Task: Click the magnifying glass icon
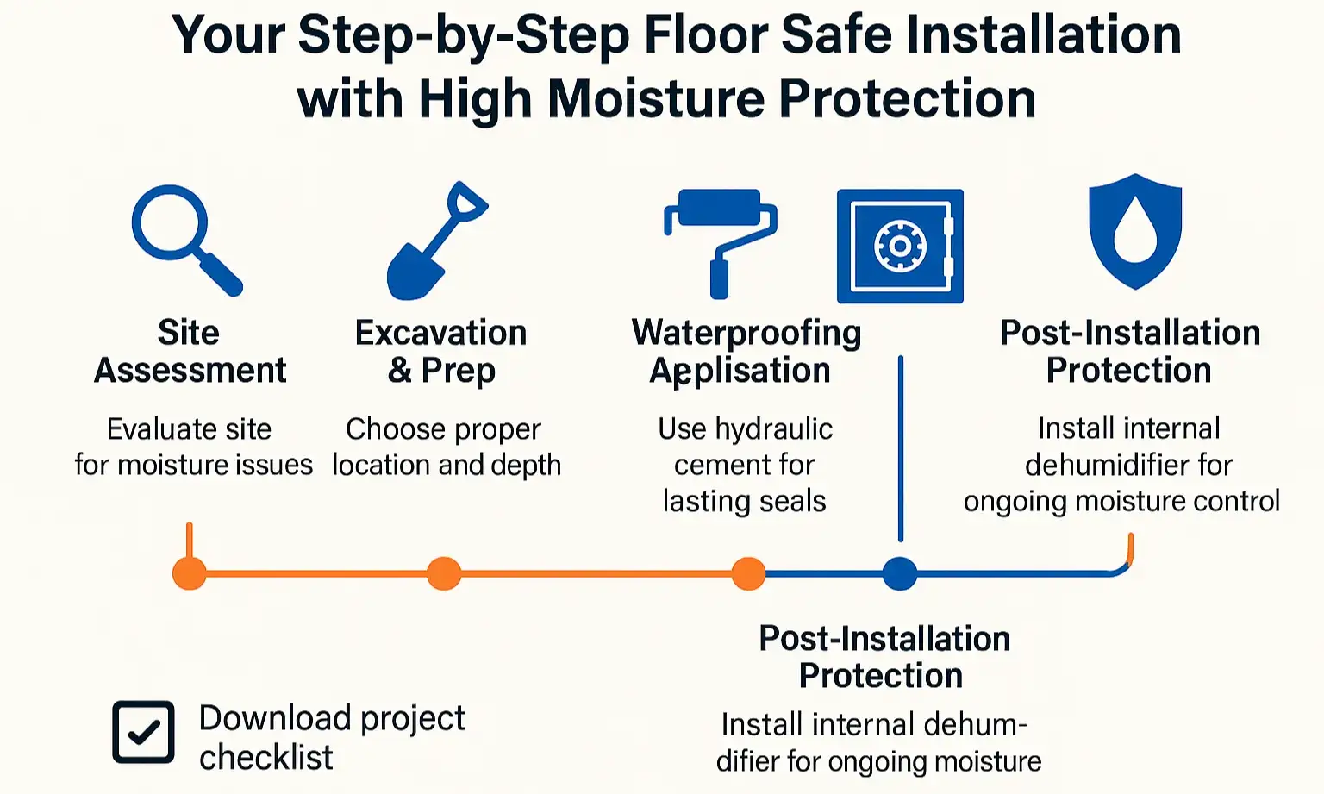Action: [184, 239]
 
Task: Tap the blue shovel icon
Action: [435, 242]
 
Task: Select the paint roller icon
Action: [720, 241]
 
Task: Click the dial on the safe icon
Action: [899, 247]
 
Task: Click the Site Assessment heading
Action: [190, 352]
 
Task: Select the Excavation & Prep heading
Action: [441, 352]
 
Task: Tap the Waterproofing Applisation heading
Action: [746, 352]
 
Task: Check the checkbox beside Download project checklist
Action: [143, 732]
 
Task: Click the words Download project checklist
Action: [332, 737]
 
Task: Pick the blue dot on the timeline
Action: [900, 573]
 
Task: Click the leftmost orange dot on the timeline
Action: [190, 573]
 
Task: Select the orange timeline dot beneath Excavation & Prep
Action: [444, 573]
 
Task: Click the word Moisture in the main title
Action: [655, 98]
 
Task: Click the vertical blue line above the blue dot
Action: [901, 448]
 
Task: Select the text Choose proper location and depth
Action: [446, 447]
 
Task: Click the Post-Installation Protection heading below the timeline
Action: [884, 657]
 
